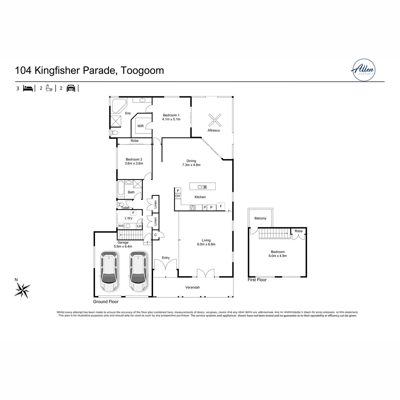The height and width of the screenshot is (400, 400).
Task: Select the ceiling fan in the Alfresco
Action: (215, 120)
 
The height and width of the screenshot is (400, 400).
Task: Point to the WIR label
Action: (140, 126)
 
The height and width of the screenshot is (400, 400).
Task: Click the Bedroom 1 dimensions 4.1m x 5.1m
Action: (171, 119)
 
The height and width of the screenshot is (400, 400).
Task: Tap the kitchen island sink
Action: (202, 187)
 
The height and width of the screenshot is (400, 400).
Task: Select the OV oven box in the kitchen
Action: (178, 196)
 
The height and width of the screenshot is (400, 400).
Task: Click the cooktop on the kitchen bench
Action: (193, 208)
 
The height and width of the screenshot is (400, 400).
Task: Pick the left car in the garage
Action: (109, 272)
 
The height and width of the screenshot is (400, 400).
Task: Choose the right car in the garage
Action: (138, 272)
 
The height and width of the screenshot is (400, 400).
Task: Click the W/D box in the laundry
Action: (121, 226)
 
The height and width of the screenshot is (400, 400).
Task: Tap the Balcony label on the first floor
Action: (260, 218)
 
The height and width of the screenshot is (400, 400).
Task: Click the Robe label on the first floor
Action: (298, 231)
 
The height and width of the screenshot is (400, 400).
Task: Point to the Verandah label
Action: (192, 287)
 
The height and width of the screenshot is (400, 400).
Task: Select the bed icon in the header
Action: (28, 88)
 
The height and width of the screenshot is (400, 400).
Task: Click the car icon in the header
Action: (71, 88)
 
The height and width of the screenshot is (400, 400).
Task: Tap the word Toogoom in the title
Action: (142, 70)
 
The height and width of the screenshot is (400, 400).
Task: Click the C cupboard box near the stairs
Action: (155, 235)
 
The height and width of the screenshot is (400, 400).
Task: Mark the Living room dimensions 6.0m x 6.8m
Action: (206, 244)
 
